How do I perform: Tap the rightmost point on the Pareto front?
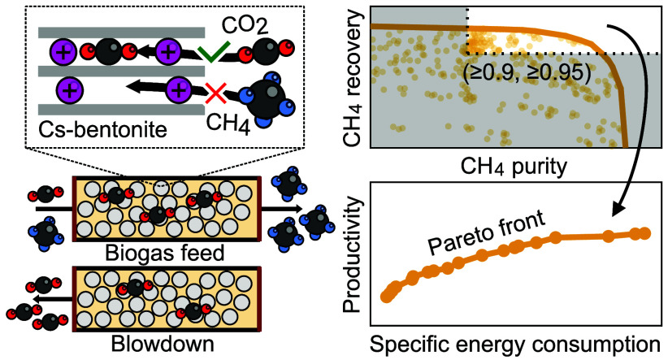click(646, 233)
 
